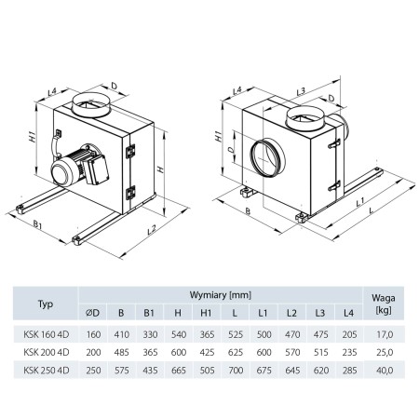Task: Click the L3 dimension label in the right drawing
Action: pyautogui.click(x=300, y=90)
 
